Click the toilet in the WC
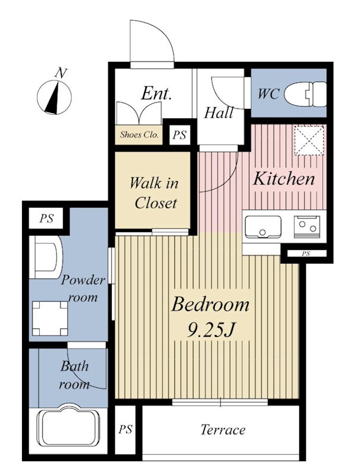pyautogui.click(x=305, y=95)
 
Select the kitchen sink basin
pyautogui.click(x=263, y=227)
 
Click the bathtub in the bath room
pyautogui.click(x=68, y=428)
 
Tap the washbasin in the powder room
pyautogui.click(x=47, y=257)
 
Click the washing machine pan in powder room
pyautogui.click(x=50, y=318)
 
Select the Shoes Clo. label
pyautogui.click(x=139, y=134)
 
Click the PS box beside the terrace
pyautogui.click(x=126, y=430)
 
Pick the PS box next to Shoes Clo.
pyautogui.click(x=179, y=134)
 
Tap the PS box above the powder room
pyautogui.click(x=46, y=218)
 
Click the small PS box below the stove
pyautogui.click(x=306, y=253)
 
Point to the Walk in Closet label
pyautogui.click(x=155, y=193)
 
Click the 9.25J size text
pyautogui.click(x=212, y=330)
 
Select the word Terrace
pyautogui.click(x=223, y=430)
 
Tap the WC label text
pyautogui.click(x=268, y=94)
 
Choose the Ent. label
pyautogui.click(x=156, y=93)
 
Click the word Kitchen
pyautogui.click(x=284, y=178)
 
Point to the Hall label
pyautogui.click(x=218, y=112)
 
